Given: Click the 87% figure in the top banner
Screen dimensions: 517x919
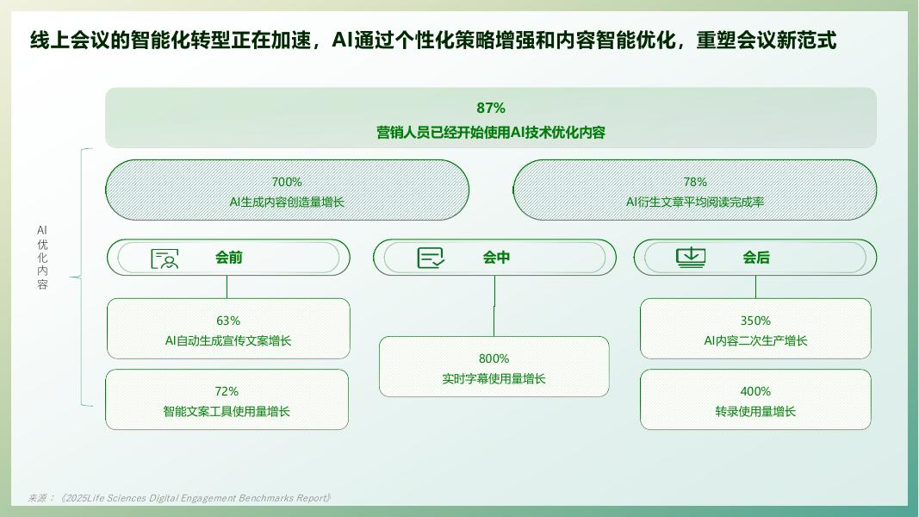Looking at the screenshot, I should click(491, 108).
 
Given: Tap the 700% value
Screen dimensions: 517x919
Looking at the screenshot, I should click(287, 182).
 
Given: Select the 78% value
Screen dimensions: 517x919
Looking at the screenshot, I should click(695, 182).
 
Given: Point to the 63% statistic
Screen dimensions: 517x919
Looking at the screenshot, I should click(228, 321).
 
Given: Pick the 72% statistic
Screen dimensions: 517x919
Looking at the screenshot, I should click(227, 391).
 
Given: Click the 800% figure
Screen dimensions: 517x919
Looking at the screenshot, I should click(494, 358).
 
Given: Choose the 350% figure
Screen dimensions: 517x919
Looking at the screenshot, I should click(755, 321).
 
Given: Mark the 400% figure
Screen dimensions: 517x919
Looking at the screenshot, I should click(755, 391).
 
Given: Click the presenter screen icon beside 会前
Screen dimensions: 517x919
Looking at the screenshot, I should click(165, 258).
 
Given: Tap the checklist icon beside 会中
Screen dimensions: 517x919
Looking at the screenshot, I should click(431, 258).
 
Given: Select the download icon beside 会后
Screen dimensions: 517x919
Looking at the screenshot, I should click(691, 258).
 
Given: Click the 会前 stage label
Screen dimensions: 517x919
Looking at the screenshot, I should click(229, 258).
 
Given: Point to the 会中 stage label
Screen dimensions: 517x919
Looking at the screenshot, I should click(496, 258).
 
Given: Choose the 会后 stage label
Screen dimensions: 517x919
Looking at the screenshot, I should click(756, 258).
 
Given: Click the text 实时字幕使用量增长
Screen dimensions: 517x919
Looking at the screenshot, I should click(494, 379).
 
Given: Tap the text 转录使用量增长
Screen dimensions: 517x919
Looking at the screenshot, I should click(755, 412).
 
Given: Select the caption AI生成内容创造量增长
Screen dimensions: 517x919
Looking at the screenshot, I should click(287, 202).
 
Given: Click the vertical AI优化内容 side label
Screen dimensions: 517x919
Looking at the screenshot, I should click(42, 258).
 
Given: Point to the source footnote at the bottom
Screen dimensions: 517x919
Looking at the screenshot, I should click(180, 498).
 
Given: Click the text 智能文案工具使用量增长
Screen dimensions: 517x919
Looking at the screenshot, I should click(227, 412).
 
